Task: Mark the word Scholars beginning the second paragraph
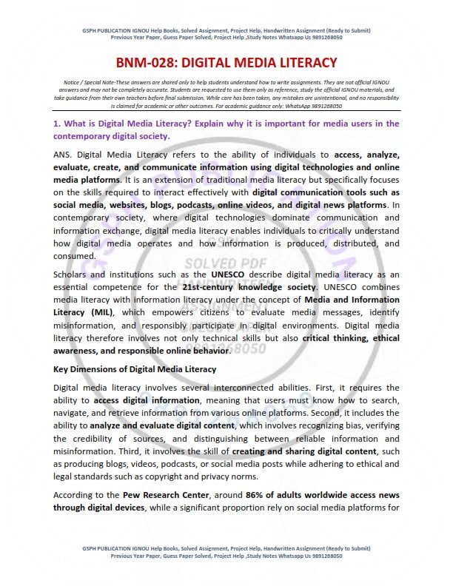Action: click(x=73, y=276)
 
